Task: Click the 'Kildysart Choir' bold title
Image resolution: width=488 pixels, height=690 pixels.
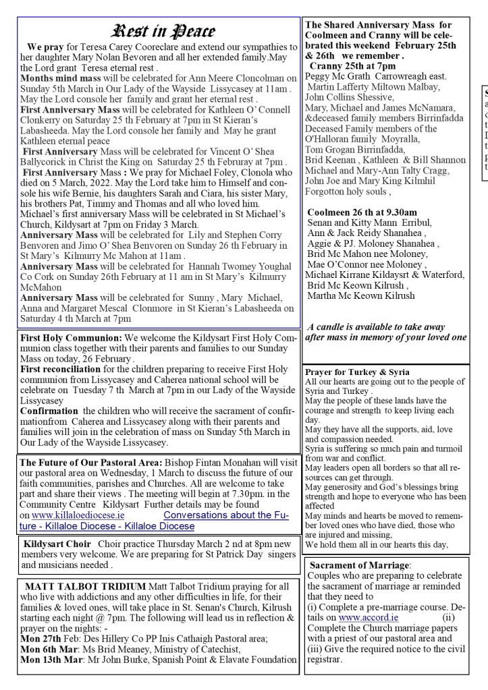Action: [57, 544]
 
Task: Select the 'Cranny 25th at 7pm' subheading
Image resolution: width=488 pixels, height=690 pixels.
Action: [352, 66]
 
